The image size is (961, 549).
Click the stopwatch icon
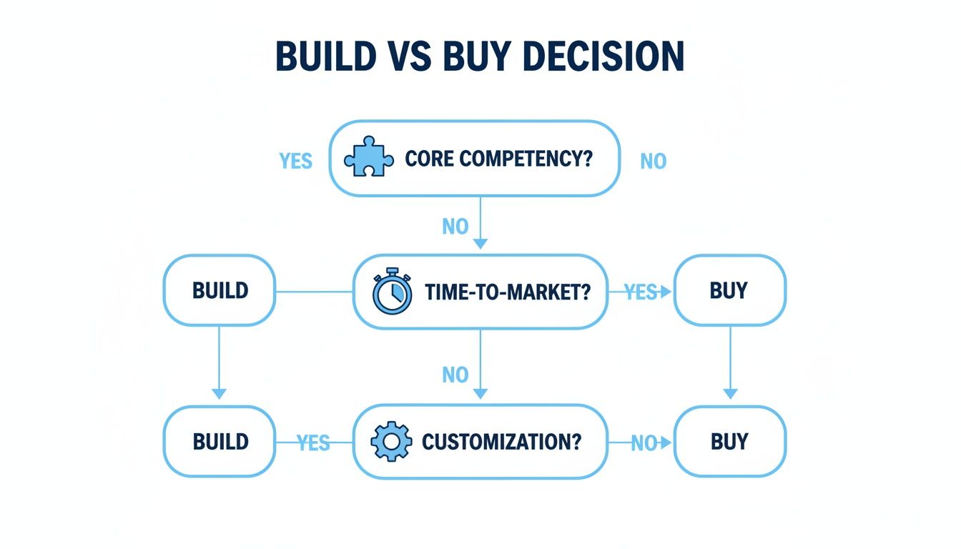(x=393, y=292)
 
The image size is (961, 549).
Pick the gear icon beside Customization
(x=391, y=442)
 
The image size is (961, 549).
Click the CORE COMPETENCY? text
(x=499, y=159)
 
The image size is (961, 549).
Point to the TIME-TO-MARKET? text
(x=508, y=292)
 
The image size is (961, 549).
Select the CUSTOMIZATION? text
(x=502, y=442)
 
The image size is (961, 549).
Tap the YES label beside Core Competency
(x=296, y=161)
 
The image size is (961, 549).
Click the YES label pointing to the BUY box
(x=641, y=292)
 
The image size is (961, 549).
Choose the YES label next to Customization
(x=313, y=443)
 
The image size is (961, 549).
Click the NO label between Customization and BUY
(x=644, y=443)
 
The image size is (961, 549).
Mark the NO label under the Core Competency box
(x=455, y=227)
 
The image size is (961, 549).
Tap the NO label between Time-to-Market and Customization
(x=455, y=375)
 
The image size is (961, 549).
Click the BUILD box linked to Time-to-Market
(x=220, y=291)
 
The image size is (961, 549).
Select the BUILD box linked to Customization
(x=220, y=442)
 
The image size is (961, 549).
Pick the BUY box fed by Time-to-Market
(x=729, y=291)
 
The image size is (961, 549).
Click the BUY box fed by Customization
(x=729, y=442)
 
